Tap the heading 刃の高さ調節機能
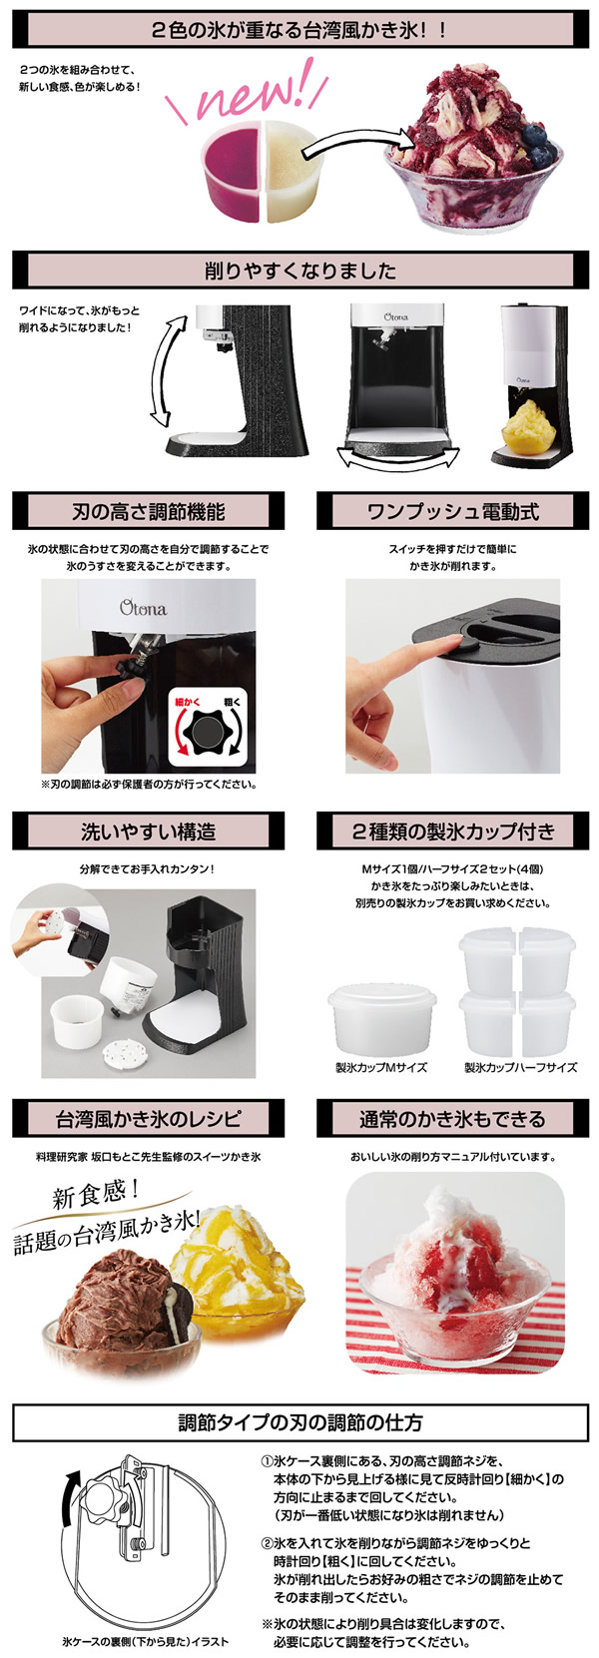pos(148,511)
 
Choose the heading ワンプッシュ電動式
pos(452,511)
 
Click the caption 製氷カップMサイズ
pos(380,1068)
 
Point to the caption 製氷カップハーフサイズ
pos(520,1068)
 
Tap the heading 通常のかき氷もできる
pos(452,1118)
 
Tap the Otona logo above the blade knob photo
pos(144,608)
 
